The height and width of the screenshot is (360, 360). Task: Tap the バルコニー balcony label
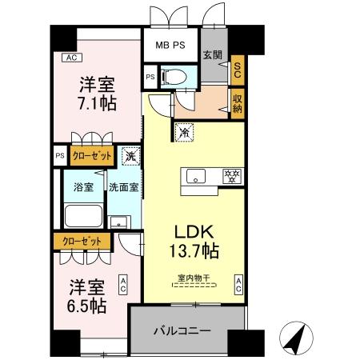(182, 330)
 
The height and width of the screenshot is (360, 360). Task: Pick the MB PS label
(170, 45)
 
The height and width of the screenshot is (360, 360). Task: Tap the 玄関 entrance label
(212, 54)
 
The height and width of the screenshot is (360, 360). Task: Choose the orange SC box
(237, 70)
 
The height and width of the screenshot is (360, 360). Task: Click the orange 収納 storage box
(238, 102)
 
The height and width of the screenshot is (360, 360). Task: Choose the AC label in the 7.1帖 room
(70, 58)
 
